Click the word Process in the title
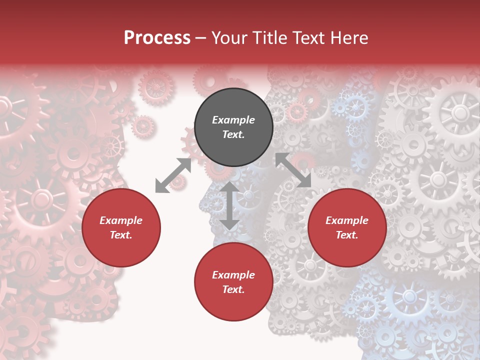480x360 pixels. tap(157, 38)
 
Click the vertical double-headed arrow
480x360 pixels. tap(229, 205)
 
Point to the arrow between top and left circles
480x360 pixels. tap(173, 175)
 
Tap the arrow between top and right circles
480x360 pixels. tap(293, 170)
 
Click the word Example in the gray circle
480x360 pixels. tap(233, 120)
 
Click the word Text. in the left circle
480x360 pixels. tap(121, 235)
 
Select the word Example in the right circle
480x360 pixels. tap(347, 220)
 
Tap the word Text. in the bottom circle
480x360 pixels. tap(233, 289)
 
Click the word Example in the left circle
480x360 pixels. tap(121, 220)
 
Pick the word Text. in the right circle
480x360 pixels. tap(347, 235)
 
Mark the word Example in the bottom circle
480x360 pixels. tap(233, 275)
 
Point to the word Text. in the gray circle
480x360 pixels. tap(233, 134)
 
